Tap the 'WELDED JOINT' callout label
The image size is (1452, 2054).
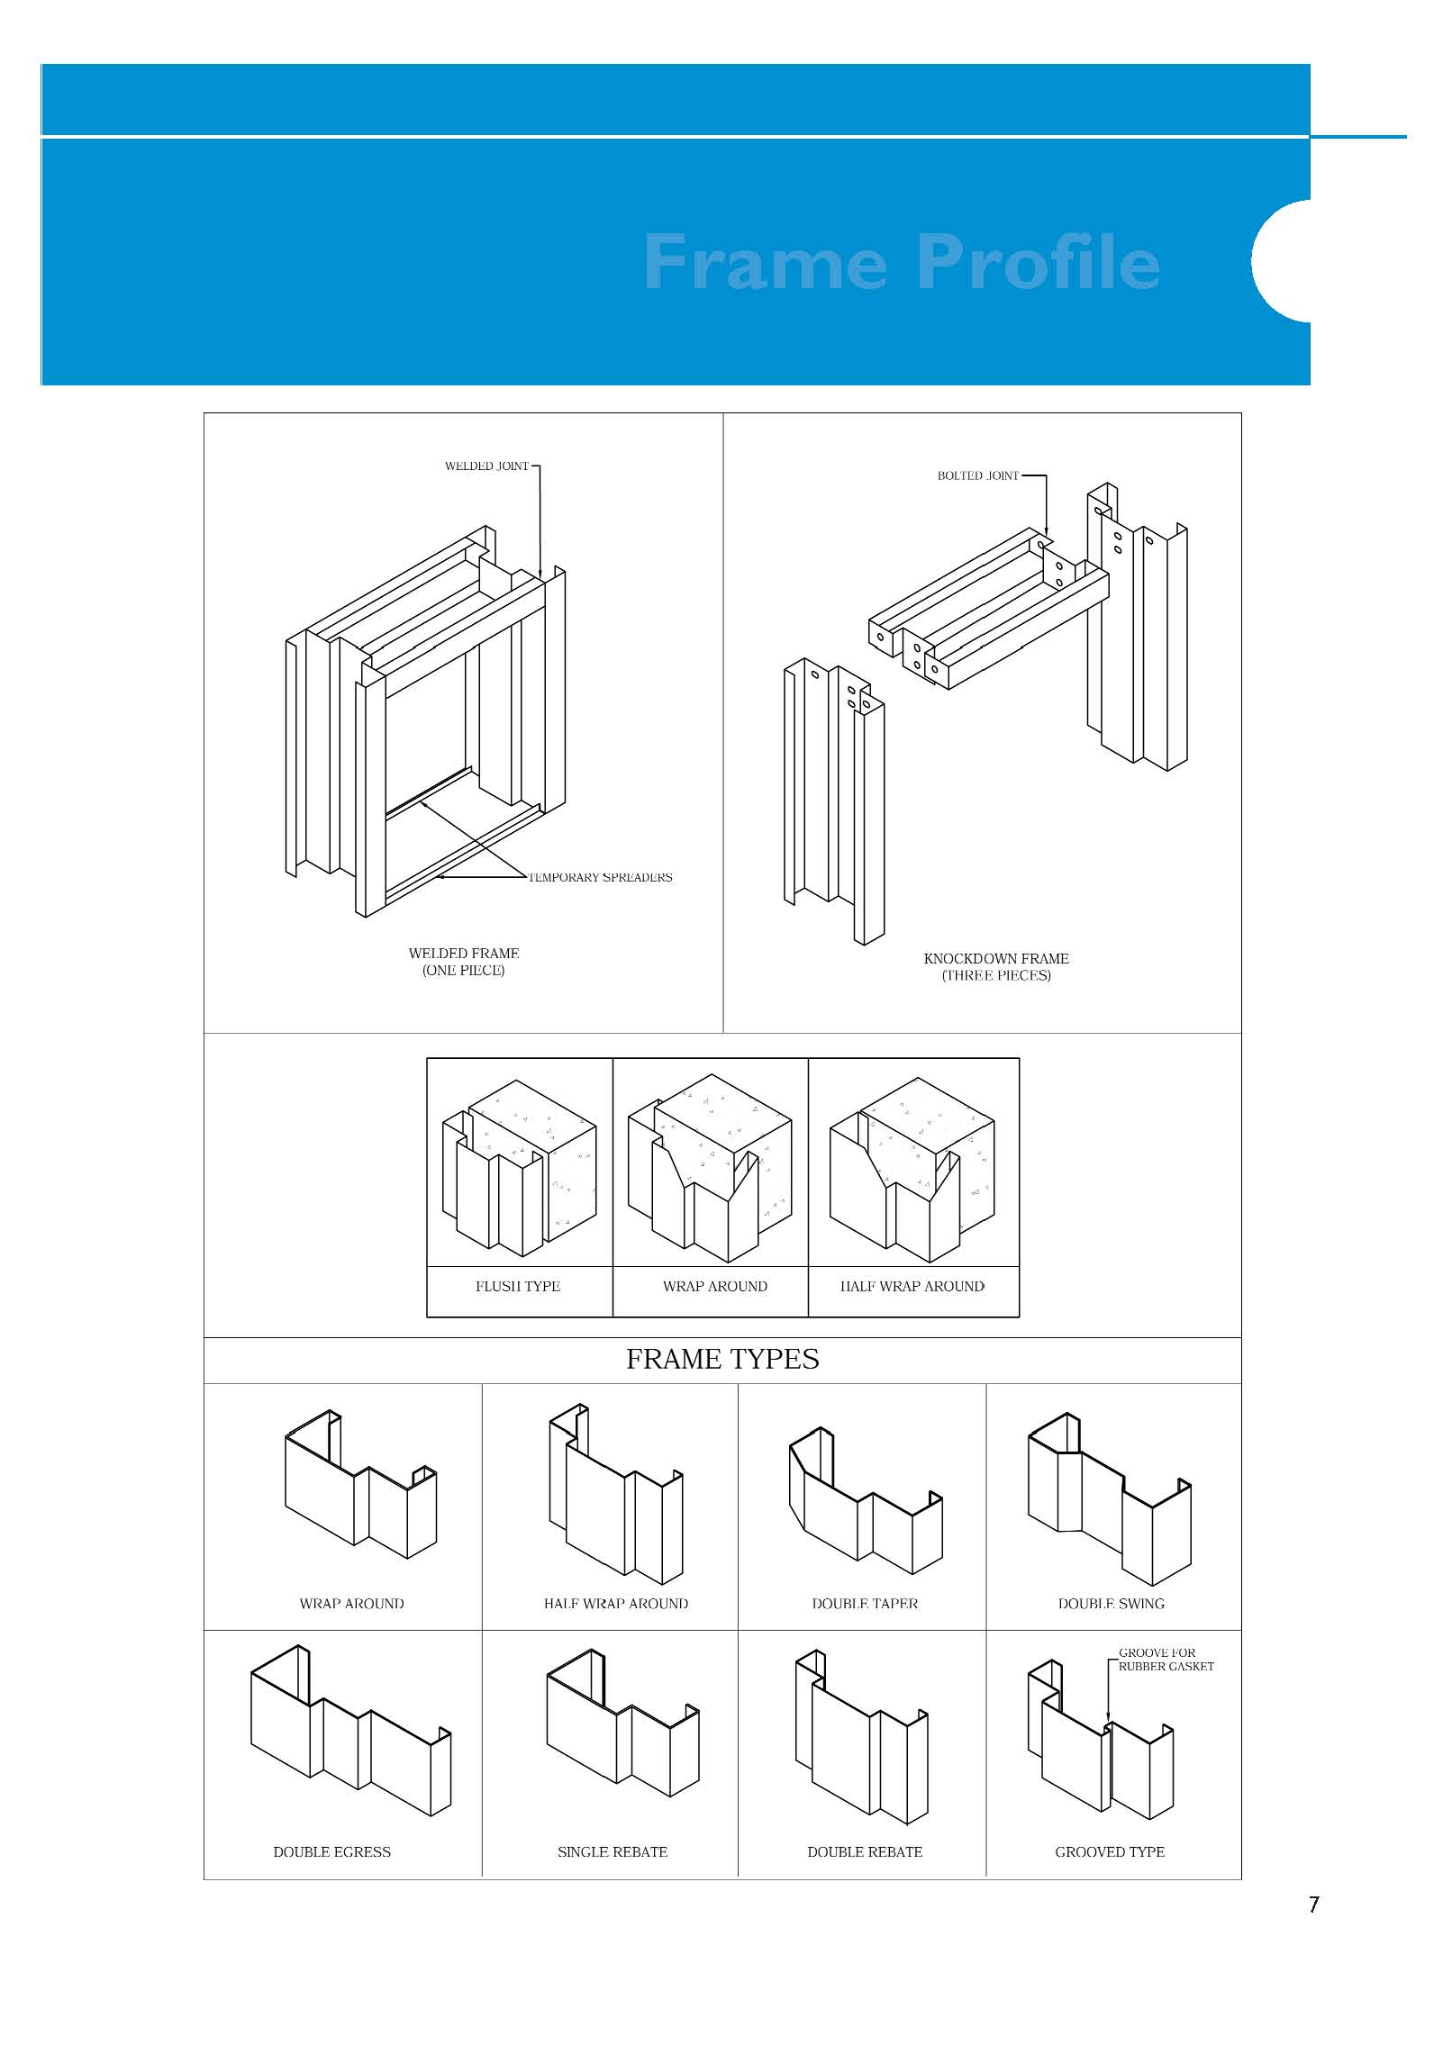point(486,466)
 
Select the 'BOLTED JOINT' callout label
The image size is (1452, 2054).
point(977,475)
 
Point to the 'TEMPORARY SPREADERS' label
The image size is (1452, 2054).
point(601,877)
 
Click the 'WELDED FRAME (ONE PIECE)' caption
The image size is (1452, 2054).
point(464,962)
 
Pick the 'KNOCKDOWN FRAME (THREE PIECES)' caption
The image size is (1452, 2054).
point(996,967)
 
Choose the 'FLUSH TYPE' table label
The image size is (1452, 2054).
point(518,1287)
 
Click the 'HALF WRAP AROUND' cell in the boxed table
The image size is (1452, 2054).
point(912,1287)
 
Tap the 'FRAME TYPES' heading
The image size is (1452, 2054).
point(722,1359)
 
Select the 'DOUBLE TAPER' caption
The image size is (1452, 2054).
point(865,1604)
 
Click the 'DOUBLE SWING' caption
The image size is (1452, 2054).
point(1111,1604)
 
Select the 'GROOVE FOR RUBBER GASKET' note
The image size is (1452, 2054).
point(1166,1660)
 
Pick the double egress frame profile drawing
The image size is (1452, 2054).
point(351,1733)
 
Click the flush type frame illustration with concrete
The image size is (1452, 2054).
point(519,1167)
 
